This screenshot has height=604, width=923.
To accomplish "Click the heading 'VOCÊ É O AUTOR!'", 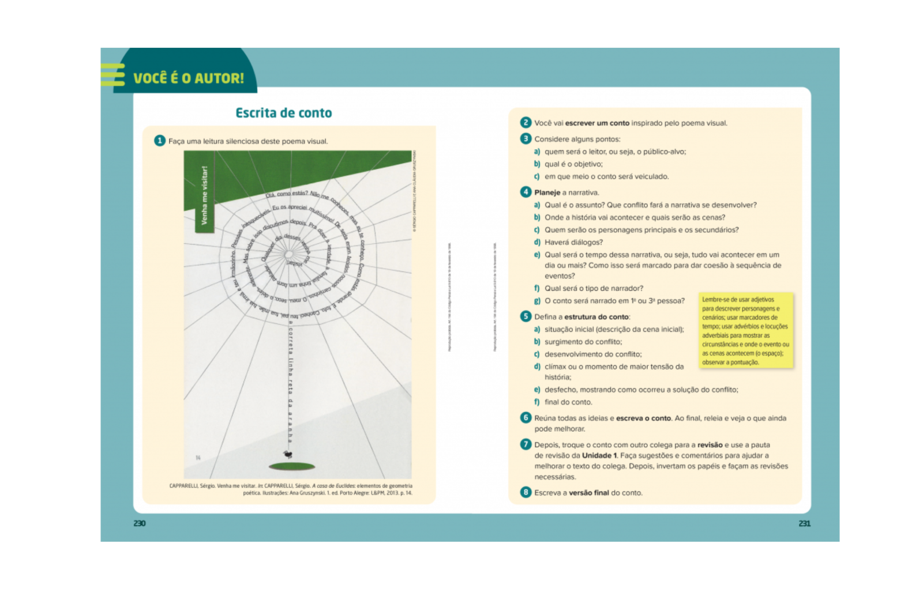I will tap(188, 78).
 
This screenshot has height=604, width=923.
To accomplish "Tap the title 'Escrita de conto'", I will tap(283, 113).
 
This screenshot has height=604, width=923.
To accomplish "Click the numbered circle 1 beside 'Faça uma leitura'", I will tap(160, 141).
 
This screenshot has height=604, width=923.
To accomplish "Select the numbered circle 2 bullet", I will tap(526, 123).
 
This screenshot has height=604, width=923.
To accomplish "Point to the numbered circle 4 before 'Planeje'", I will tap(526, 192).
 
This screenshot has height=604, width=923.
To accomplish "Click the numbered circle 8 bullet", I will tap(526, 492).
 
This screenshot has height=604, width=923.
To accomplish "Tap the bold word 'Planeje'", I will tap(547, 192).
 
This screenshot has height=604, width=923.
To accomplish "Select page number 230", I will tap(140, 523).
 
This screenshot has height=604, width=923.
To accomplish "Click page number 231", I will tap(804, 523).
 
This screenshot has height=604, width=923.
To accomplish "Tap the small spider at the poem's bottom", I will tap(287, 455).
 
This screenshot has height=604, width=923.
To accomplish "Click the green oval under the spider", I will tap(292, 466).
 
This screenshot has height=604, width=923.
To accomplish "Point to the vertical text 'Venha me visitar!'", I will tap(204, 195).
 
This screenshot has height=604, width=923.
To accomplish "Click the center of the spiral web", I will tap(288, 254).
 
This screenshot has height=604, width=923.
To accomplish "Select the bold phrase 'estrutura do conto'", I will tap(596, 317).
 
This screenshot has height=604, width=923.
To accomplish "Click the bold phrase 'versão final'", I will tap(589, 493).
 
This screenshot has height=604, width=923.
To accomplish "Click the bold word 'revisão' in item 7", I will tap(710, 445).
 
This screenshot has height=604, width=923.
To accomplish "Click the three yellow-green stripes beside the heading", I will tap(112, 75).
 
